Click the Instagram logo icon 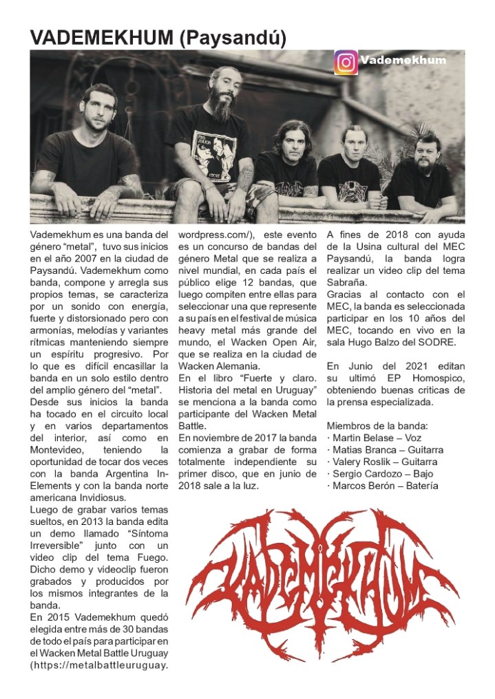pyautogui.click(x=346, y=62)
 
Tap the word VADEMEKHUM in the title pyautogui.click(x=102, y=38)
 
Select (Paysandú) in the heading pyautogui.click(x=233, y=38)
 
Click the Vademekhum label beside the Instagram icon pyautogui.click(x=403, y=60)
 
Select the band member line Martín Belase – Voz pyautogui.click(x=375, y=438)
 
